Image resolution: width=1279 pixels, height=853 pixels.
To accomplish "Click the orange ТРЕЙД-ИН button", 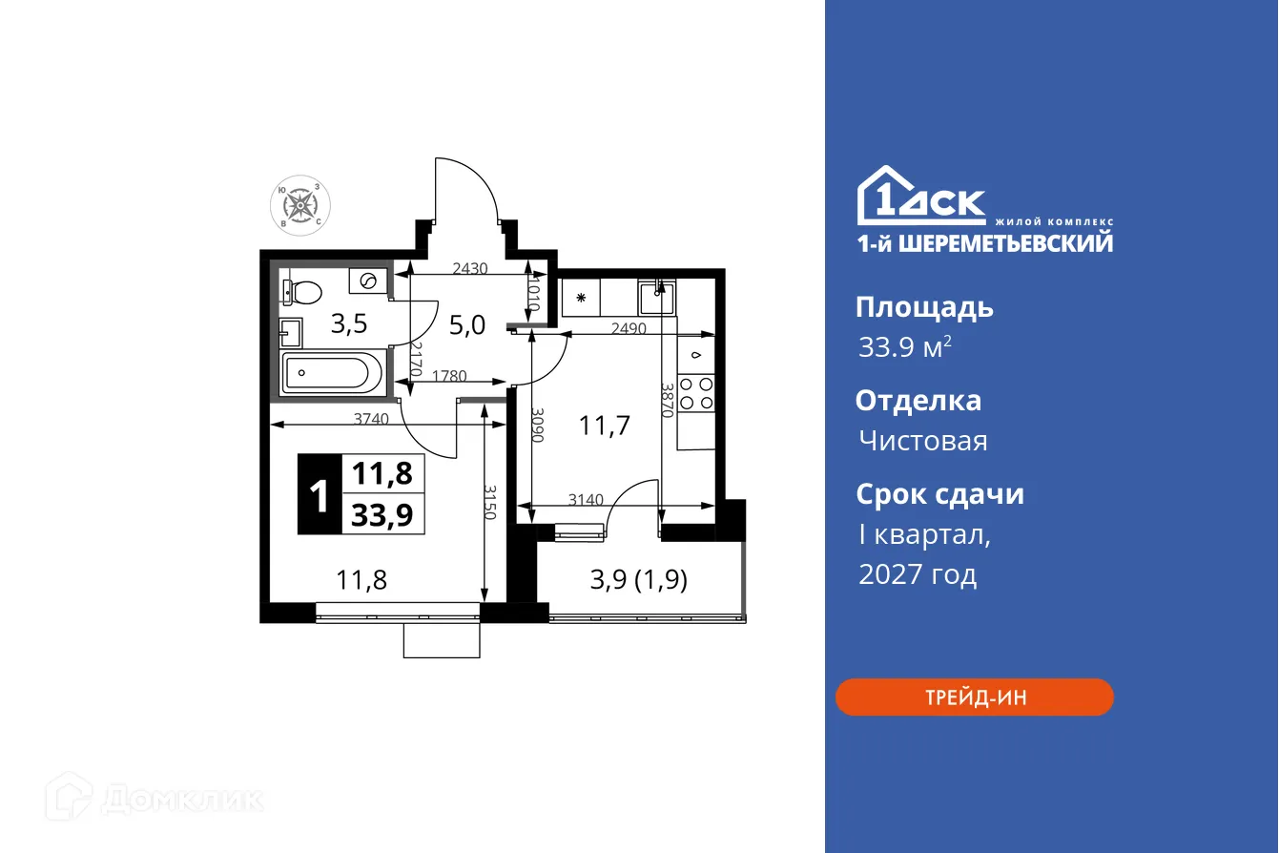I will [974, 697].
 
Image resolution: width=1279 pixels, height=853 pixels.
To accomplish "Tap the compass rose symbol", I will [299, 203].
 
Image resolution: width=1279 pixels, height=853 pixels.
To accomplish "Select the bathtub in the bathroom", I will [331, 371].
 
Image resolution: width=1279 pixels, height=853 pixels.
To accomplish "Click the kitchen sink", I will [657, 298].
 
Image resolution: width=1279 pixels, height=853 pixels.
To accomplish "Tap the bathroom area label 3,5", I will [348, 323].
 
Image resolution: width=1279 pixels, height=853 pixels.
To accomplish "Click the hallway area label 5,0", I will [467, 325].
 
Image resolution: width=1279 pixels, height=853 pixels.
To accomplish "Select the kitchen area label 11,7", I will [605, 425].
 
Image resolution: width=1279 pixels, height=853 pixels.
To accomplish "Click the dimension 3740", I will [370, 418].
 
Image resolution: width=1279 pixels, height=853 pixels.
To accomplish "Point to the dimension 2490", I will [629, 327].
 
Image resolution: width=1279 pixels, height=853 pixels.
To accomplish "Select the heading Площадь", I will [923, 307].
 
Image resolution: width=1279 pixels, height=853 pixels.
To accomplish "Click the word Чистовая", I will [922, 441].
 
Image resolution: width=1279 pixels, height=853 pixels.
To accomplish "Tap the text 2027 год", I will [917, 574].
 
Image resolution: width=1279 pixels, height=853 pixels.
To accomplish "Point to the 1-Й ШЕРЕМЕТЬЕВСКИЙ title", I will [984, 243].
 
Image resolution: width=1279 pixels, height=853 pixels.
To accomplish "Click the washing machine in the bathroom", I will [367, 281].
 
